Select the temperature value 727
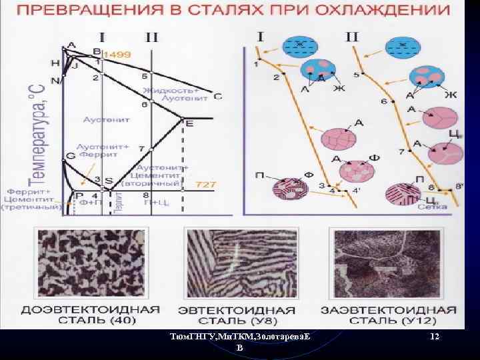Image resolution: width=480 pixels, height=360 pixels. pos(205,183)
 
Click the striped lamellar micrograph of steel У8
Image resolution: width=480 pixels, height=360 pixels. pos(236,266)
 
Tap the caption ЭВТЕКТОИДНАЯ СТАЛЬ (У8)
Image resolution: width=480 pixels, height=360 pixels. pos(236,315)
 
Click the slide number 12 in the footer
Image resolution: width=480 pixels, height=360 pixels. pos(435,337)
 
